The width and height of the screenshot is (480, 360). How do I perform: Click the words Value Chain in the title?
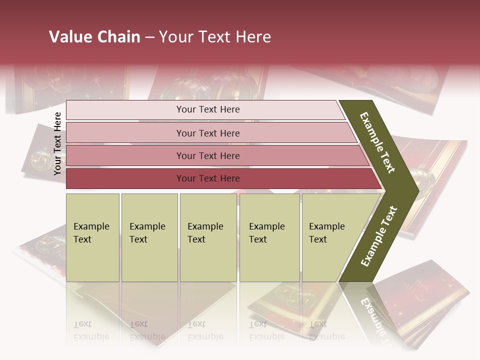tap(94, 37)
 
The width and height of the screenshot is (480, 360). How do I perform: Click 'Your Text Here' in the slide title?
tap(215, 37)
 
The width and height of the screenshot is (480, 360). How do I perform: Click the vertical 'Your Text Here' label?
tap(57, 143)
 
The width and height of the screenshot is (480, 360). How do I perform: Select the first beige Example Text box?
tap(92, 237)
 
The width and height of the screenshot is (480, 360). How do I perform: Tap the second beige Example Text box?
tap(149, 237)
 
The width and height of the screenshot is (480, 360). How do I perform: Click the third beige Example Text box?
tap(208, 237)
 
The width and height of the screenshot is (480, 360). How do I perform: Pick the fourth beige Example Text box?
tap(269, 237)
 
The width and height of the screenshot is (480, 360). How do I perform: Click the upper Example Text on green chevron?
tap(377, 142)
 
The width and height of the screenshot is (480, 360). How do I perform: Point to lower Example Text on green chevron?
tap(379, 236)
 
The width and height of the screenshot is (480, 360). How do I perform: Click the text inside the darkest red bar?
tap(208, 178)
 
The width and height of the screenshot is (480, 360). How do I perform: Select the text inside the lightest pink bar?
tap(208, 109)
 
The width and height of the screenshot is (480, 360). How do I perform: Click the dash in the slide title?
tap(149, 37)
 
